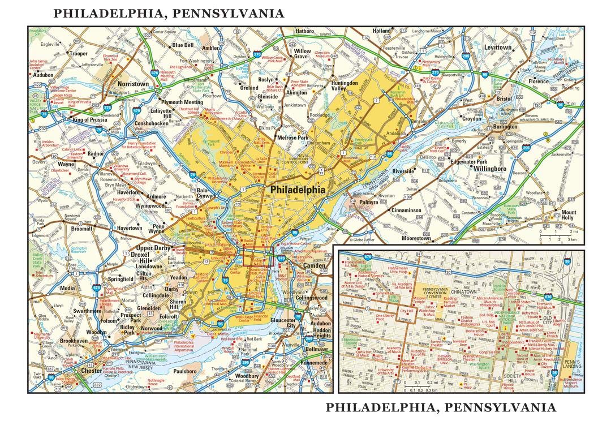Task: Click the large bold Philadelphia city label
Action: [298, 190]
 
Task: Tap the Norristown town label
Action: [133, 84]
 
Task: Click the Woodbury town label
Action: [247, 376]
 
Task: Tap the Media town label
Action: [67, 287]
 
